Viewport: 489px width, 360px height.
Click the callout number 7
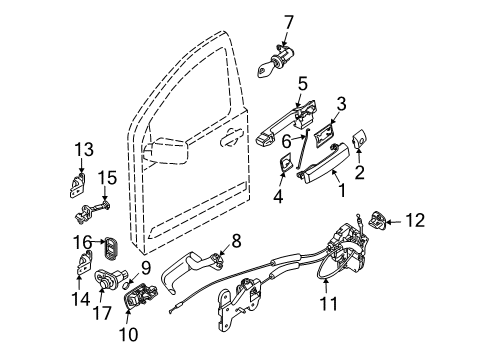[x=288, y=21]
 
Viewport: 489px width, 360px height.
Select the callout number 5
[x=301, y=85]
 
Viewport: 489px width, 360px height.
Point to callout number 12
[x=417, y=219]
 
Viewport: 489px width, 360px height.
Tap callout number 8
[x=236, y=240]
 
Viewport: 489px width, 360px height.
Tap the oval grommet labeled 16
[x=112, y=246]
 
